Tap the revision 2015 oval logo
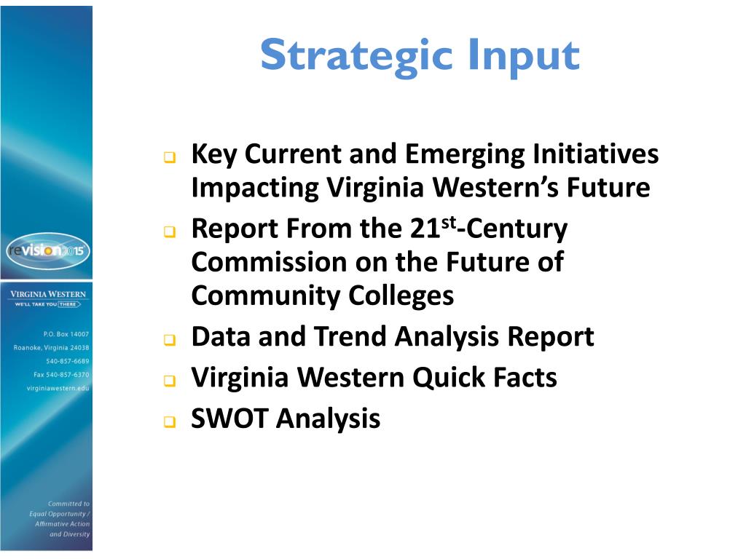(47, 250)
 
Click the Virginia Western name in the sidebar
(47, 294)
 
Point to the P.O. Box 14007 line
(66, 333)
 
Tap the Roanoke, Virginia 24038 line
(52, 347)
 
